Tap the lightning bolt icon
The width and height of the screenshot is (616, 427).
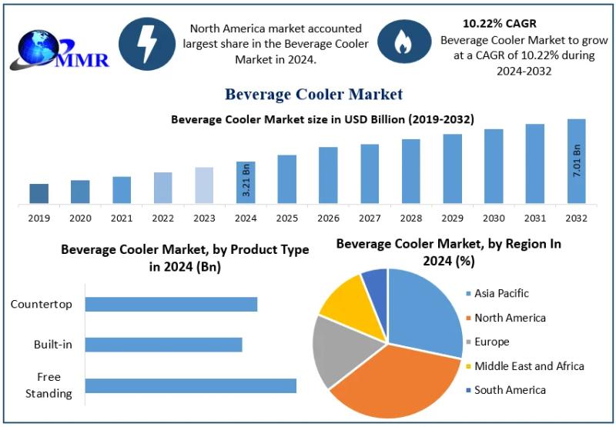pos(147,44)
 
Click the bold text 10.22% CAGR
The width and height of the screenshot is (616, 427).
pos(500,24)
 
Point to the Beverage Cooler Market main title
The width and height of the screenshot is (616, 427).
pos(313,95)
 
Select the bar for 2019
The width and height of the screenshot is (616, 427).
pos(39,194)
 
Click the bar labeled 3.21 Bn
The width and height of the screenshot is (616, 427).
pos(246,183)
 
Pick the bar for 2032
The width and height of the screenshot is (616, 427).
pos(576,162)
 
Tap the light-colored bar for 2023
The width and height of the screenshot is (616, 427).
pos(204,185)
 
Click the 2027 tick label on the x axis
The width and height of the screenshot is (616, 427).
pos(370,219)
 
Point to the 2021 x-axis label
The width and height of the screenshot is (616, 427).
pos(122,219)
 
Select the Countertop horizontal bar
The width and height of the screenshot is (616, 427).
pos(171,304)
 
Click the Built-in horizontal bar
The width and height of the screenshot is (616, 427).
pos(163,344)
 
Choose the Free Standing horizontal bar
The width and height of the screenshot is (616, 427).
pos(190,385)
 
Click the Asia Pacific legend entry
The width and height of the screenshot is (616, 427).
pos(501,293)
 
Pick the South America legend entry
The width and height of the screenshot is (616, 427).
pos(509,390)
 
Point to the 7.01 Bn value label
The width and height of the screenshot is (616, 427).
pos(577,162)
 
